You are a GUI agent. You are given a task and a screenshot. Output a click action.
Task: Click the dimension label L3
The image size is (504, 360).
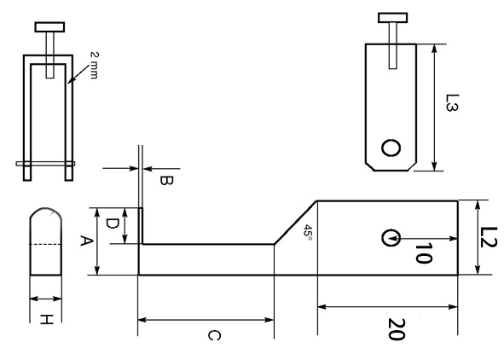(x=452, y=103)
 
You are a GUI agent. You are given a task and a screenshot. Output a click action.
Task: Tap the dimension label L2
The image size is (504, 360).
(x=489, y=237)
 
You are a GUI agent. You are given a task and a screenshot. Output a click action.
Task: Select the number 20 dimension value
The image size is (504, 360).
(x=396, y=328)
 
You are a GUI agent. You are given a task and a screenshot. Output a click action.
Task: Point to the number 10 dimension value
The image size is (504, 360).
(x=423, y=253)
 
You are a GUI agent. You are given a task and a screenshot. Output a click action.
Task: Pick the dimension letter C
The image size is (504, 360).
(x=214, y=335)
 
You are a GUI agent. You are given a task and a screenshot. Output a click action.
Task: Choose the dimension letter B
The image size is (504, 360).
(x=166, y=181)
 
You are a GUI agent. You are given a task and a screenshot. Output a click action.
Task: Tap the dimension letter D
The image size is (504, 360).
(x=112, y=224)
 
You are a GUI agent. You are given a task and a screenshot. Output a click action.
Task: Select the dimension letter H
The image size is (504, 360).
(x=46, y=320)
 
